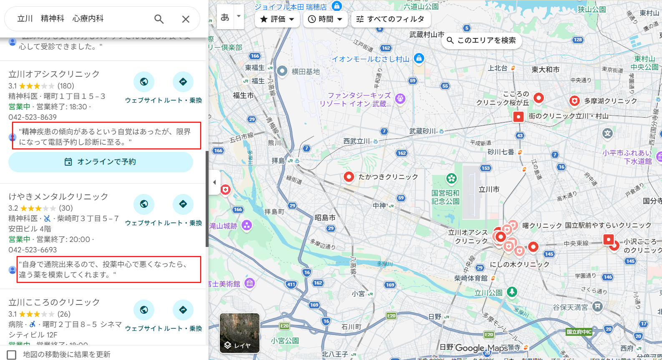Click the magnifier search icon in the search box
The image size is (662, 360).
pos(159,19)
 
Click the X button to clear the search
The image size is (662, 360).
pos(186,19)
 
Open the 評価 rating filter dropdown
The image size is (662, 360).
pos(277,19)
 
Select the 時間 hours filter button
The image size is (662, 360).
pos(325,19)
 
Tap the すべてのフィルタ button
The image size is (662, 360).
pos(390,19)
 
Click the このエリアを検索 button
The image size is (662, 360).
pos(481,40)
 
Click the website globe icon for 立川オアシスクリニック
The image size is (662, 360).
pos(144,82)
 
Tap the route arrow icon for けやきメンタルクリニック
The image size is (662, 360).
pos(183,204)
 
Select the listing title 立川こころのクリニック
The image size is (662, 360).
pos(54,302)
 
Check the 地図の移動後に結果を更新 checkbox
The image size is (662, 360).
pos(12,355)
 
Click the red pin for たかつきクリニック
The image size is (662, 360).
pos(349,177)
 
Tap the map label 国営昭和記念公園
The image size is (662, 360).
pos(446,197)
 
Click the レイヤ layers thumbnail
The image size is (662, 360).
pos(239,333)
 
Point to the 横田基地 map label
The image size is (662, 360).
pos(305,72)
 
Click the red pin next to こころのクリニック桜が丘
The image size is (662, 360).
pos(539,98)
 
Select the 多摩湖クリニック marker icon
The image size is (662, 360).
pos(574,101)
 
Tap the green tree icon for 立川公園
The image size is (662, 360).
pos(512,292)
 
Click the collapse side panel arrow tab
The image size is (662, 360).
pos(214,182)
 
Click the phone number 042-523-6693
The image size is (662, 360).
pos(33,250)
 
